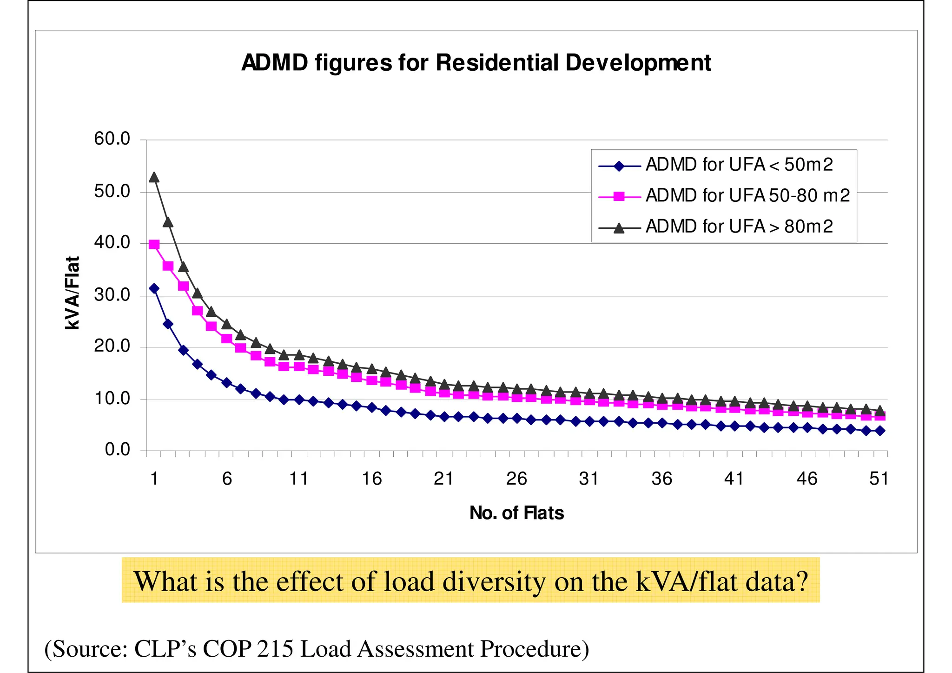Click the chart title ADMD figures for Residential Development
pos(476,63)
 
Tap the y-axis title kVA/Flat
pos(73,293)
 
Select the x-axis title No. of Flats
pos(516,513)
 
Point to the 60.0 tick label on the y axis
pos(112,139)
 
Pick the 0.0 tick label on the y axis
pos(117,450)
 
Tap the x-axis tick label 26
pos(516,479)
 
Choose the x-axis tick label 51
pos(879,479)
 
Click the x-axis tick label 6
pos(227,479)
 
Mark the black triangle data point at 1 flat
pos(154,177)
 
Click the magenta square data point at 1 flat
pos(154,245)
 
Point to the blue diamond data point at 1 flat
pos(154,288)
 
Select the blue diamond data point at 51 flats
pos(879,431)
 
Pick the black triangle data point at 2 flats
pos(168,222)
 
